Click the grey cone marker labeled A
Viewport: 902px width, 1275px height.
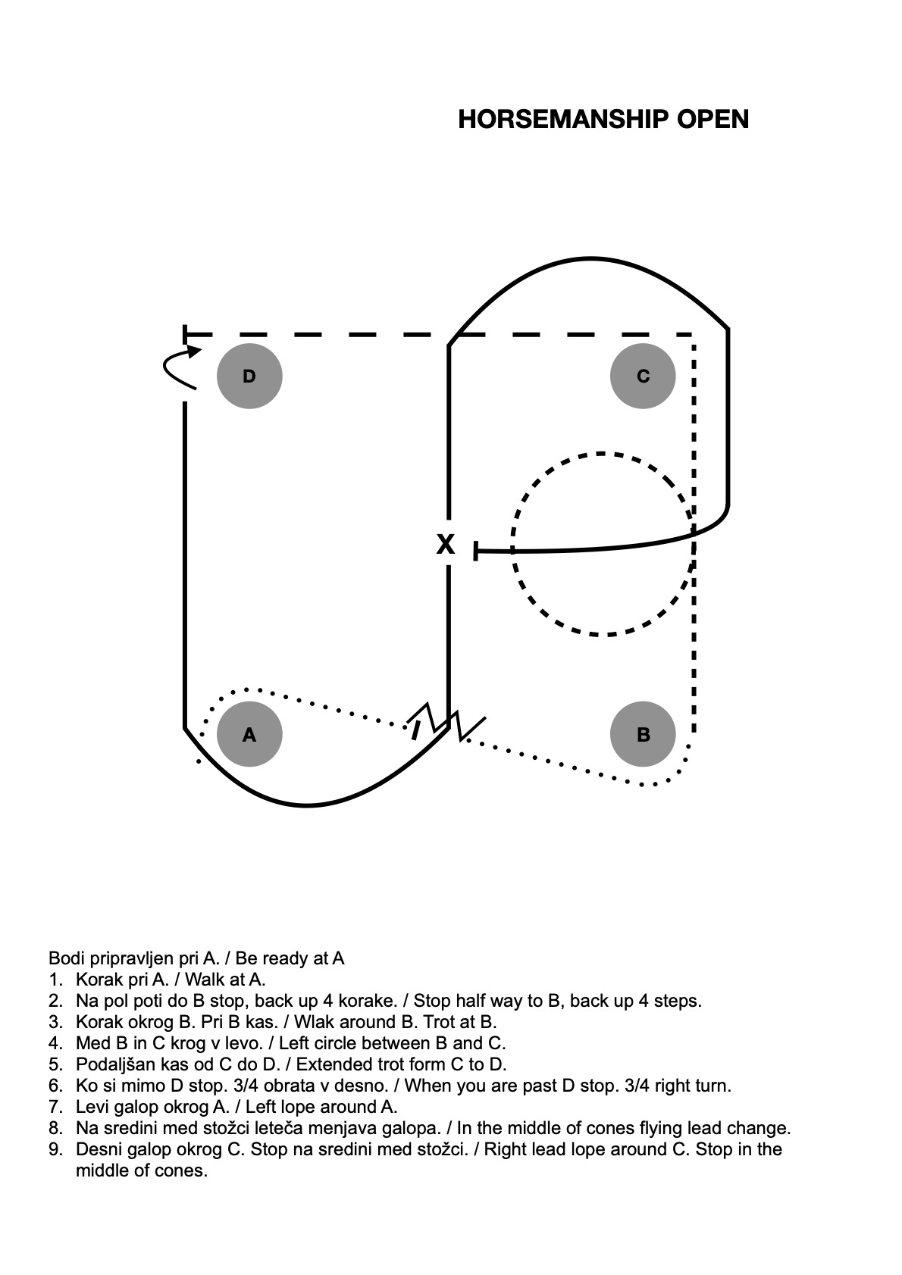[249, 734]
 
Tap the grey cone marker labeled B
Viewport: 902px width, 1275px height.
[643, 734]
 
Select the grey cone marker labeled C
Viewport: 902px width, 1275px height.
[643, 376]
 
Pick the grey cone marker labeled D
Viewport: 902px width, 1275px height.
[249, 376]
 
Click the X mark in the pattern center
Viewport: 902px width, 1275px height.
[445, 544]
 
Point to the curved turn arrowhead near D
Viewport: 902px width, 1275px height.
[195, 352]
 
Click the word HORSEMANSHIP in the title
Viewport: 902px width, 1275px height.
[563, 120]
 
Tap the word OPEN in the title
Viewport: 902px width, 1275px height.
[713, 120]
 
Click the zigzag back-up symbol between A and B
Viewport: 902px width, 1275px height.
[446, 722]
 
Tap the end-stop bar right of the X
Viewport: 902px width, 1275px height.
[475, 551]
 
